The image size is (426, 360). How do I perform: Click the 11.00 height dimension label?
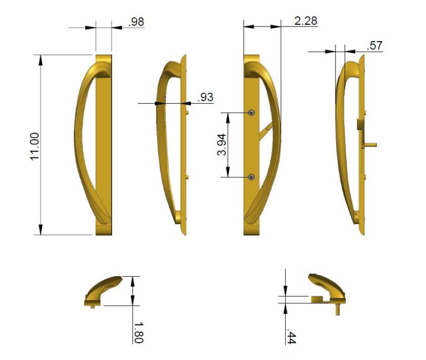pos(35,146)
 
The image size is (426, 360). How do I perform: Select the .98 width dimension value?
pos(136,22)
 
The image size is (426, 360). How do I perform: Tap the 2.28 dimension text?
pos(306,21)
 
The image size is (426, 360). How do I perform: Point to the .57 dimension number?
pos(374,45)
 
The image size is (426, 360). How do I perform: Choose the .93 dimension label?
pos(205,97)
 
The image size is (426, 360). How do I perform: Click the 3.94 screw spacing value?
pos(222,145)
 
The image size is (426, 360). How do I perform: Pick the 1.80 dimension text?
pos(138,333)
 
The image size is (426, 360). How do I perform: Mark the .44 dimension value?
pos(291,338)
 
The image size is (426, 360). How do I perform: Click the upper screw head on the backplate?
pos(252,113)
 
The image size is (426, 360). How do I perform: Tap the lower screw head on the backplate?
pos(252,177)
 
